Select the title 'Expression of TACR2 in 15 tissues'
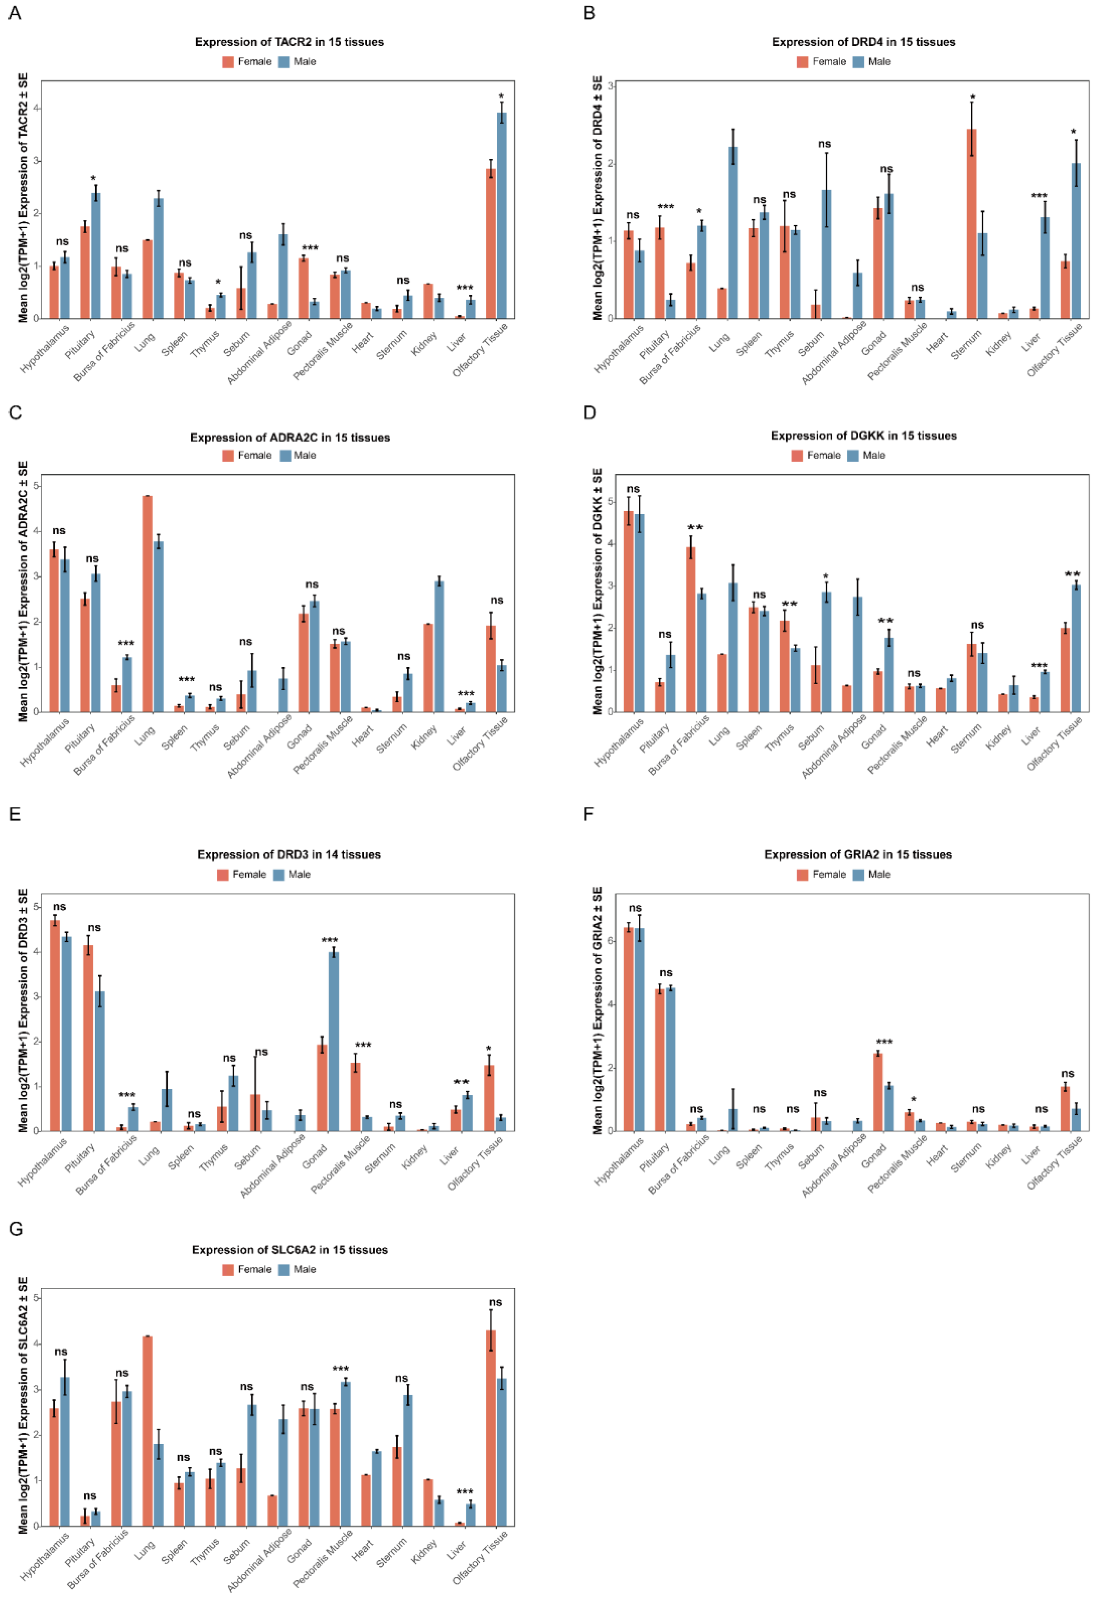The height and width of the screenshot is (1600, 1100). click(289, 42)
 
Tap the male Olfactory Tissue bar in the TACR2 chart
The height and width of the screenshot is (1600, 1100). click(502, 215)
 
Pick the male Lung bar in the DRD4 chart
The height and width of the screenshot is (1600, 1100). click(733, 232)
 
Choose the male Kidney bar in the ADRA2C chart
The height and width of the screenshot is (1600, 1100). click(439, 646)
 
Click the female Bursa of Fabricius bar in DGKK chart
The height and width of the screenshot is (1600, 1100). click(691, 629)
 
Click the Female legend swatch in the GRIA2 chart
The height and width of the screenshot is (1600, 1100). click(802, 874)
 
